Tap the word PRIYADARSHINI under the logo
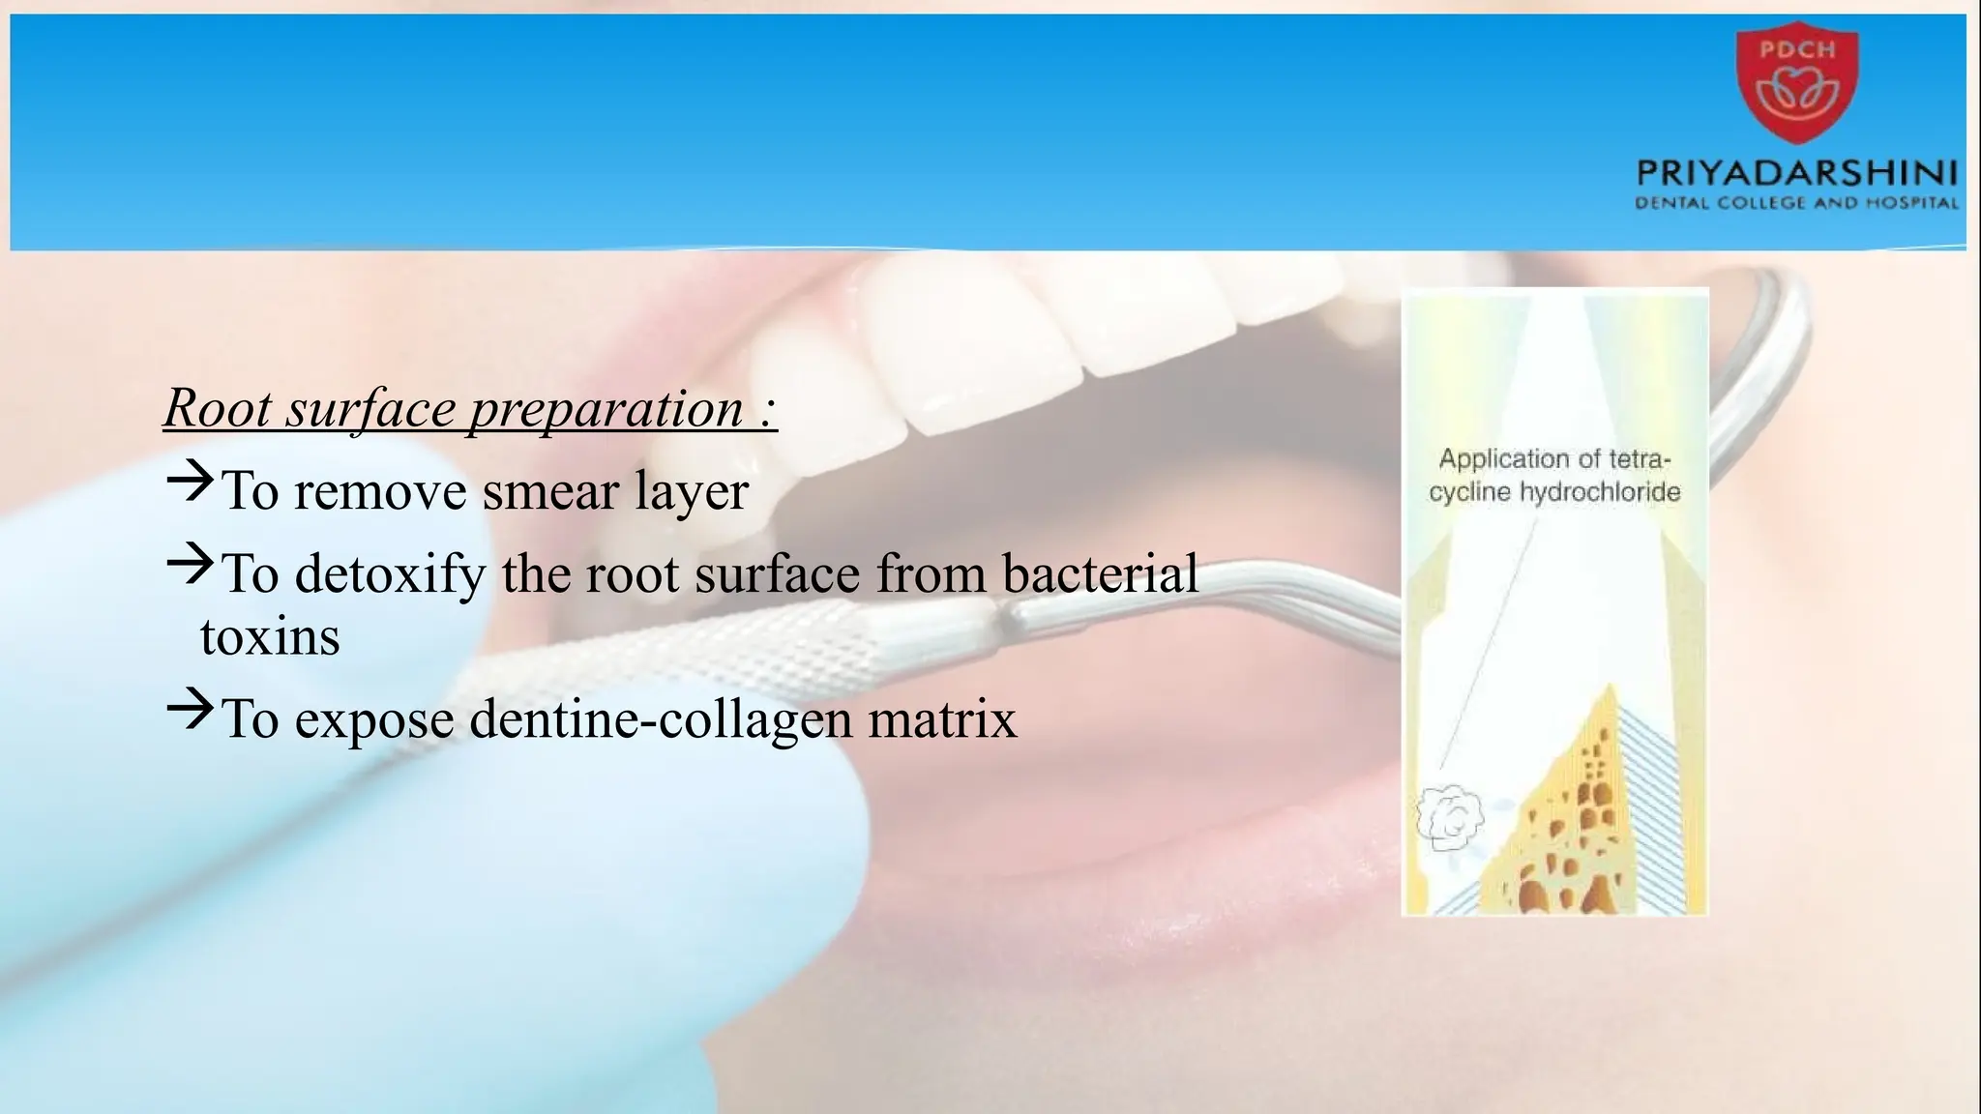(x=1797, y=174)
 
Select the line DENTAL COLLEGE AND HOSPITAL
(x=1797, y=203)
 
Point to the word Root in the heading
(x=218, y=408)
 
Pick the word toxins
(x=270, y=637)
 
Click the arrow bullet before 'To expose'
(x=189, y=708)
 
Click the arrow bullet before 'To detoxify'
(x=189, y=563)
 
